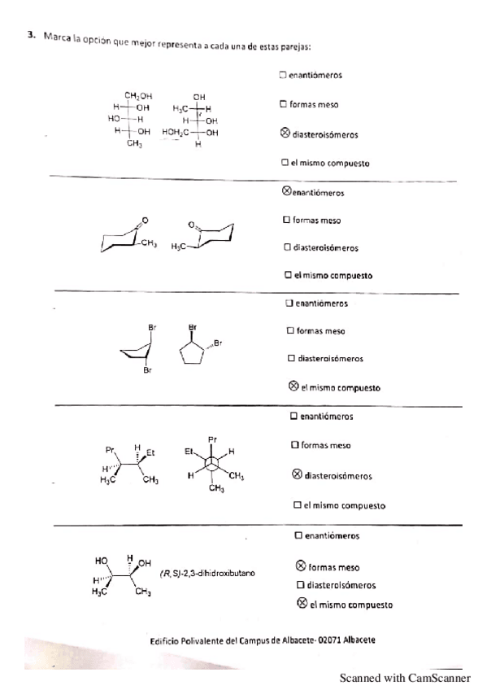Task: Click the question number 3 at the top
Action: pyautogui.click(x=30, y=35)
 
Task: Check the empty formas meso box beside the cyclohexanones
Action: pyautogui.click(x=286, y=220)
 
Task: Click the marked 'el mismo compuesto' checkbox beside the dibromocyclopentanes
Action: pyautogui.click(x=294, y=386)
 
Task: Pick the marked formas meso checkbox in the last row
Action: pyautogui.click(x=301, y=566)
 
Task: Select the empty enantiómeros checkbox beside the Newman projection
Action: pyautogui.click(x=294, y=416)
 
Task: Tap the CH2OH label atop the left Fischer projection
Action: pyautogui.click(x=137, y=96)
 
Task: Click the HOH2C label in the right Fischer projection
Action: pyautogui.click(x=176, y=132)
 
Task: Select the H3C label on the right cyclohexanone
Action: pyautogui.click(x=180, y=245)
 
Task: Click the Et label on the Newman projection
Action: pyautogui.click(x=188, y=449)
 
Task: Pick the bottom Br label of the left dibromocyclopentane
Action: pyautogui.click(x=148, y=371)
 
